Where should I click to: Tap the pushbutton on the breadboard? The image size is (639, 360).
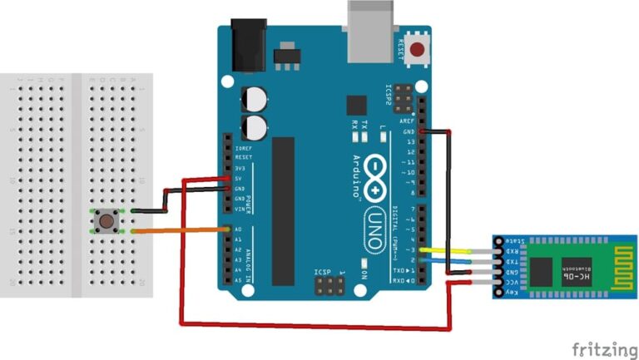coord(106,221)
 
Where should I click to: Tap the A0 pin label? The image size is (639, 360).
coord(238,229)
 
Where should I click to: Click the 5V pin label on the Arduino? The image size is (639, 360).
coord(239,178)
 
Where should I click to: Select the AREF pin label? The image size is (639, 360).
coord(407,121)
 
